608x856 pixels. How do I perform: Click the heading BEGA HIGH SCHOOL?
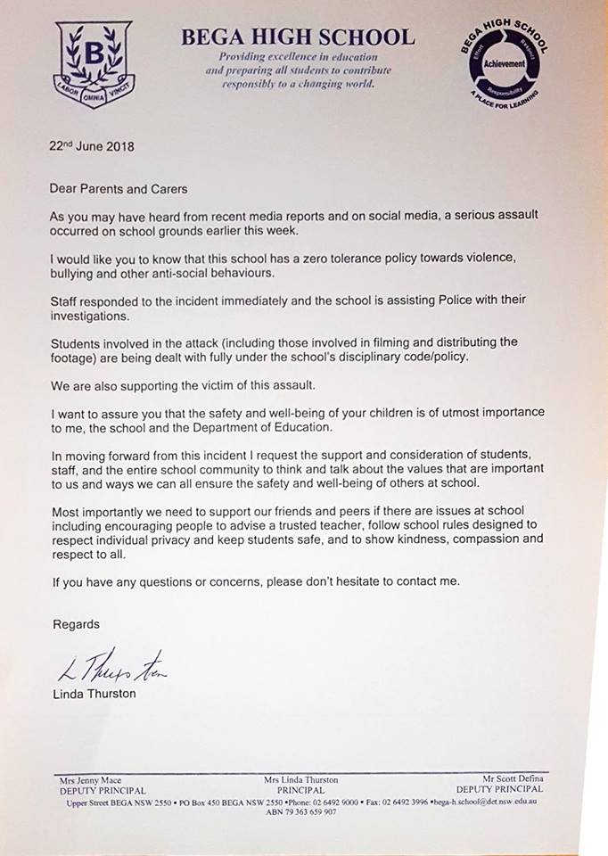tap(298, 37)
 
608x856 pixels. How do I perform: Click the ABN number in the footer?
tap(301, 811)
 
